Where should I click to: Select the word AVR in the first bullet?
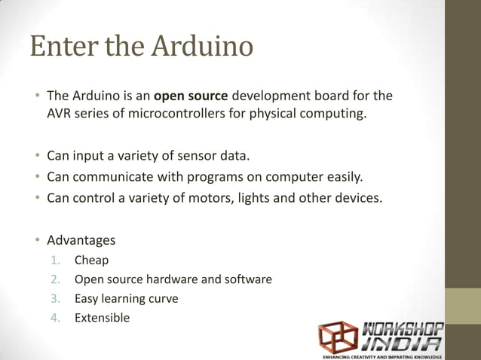coord(60,115)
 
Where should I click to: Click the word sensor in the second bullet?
coord(199,157)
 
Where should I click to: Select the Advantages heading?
coord(81,241)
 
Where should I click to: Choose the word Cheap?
coord(91,261)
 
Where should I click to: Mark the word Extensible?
coord(102,318)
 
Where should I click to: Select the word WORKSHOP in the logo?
coord(406,328)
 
